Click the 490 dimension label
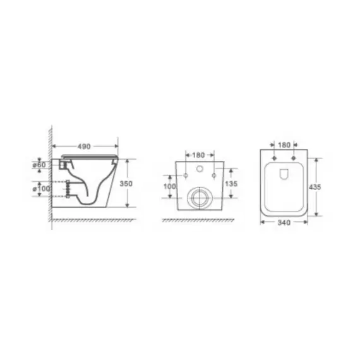point(84,147)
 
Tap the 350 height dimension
point(126,184)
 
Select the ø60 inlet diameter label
point(39,165)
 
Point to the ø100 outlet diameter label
point(41,189)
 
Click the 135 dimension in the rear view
point(231,184)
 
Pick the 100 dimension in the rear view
point(169,186)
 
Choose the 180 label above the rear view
point(198,155)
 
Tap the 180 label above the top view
point(284,145)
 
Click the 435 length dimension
point(315,187)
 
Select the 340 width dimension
point(284,222)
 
